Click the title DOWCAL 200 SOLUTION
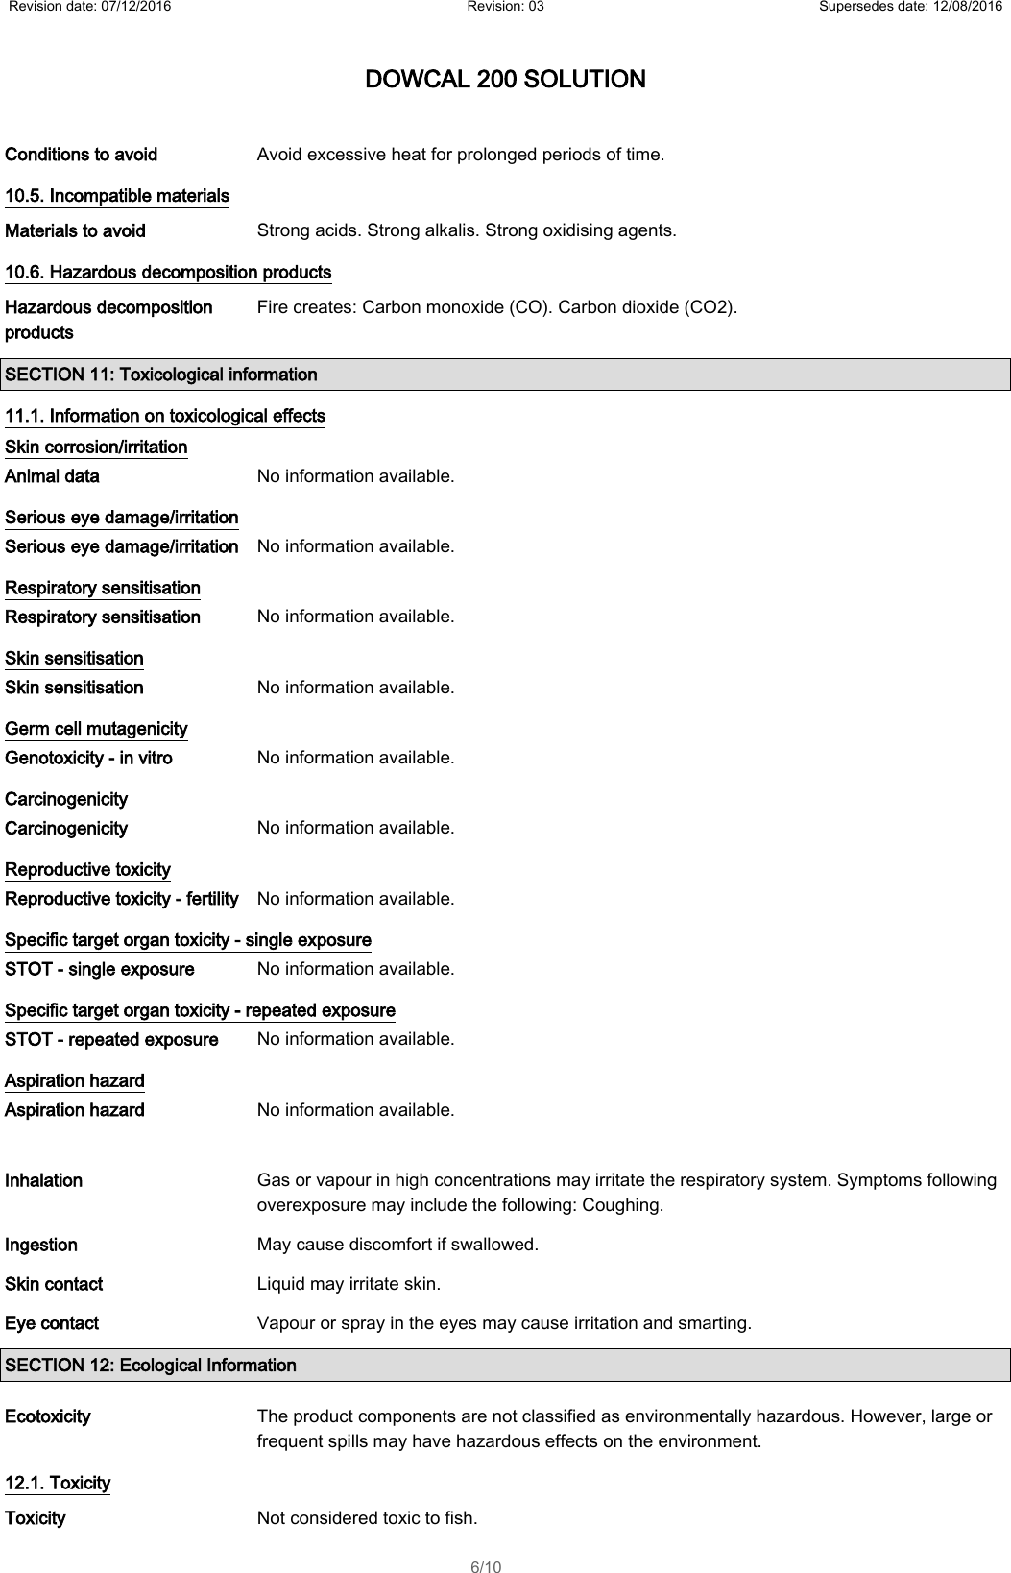(505, 79)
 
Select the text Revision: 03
(505, 8)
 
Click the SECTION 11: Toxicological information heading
(161, 375)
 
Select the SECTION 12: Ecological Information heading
(151, 1365)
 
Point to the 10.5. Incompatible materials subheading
(117, 196)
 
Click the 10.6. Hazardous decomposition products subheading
(168, 273)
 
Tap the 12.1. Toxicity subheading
(58, 1483)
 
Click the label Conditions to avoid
(82, 155)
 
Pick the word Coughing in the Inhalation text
(629, 1205)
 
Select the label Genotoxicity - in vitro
(89, 758)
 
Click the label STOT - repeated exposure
(111, 1039)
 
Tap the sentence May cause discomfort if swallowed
(397, 1245)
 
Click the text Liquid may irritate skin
(349, 1284)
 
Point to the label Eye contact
(52, 1323)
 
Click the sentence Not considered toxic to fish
(367, 1518)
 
